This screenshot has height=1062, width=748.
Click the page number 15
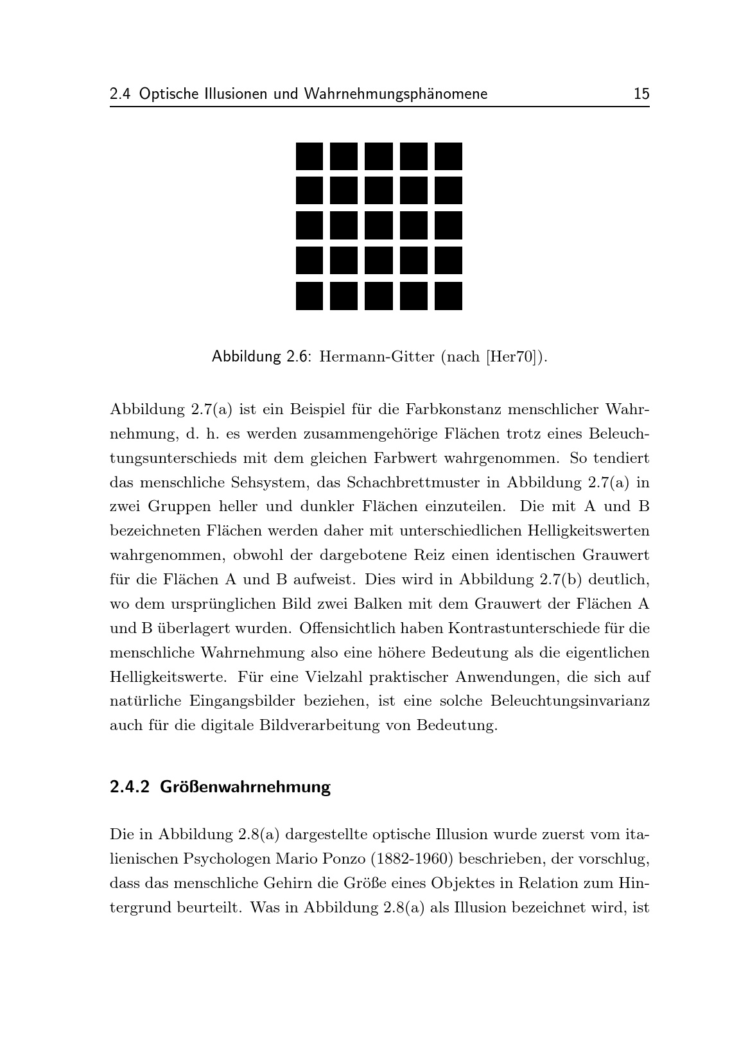point(641,94)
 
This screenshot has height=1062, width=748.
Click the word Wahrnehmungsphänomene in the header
point(396,94)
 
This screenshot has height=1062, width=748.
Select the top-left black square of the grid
point(309,156)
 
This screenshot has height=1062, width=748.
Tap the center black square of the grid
point(379,226)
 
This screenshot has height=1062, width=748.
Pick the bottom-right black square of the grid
point(448,295)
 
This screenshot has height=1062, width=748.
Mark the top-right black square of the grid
point(448,156)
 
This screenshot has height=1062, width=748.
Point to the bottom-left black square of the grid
point(309,295)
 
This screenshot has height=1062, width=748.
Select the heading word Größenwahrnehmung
point(245,787)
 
